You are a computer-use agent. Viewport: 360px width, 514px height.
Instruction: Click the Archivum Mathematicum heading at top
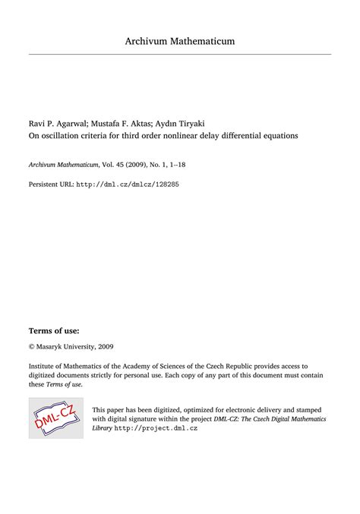point(180,40)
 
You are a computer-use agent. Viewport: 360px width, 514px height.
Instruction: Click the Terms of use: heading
point(54,310)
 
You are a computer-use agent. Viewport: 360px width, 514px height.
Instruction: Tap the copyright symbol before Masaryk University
point(31,325)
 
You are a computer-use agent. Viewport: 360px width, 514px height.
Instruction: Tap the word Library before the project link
point(103,428)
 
